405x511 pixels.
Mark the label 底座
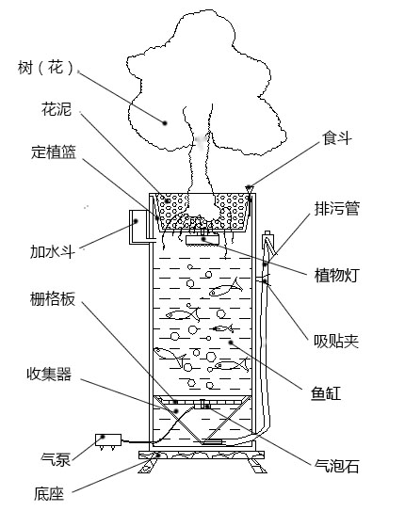(49, 492)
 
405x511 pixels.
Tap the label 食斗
(336, 138)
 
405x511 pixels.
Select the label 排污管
(336, 208)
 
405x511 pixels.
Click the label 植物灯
(336, 275)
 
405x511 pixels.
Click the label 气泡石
(336, 465)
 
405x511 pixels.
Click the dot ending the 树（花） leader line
(164, 120)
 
